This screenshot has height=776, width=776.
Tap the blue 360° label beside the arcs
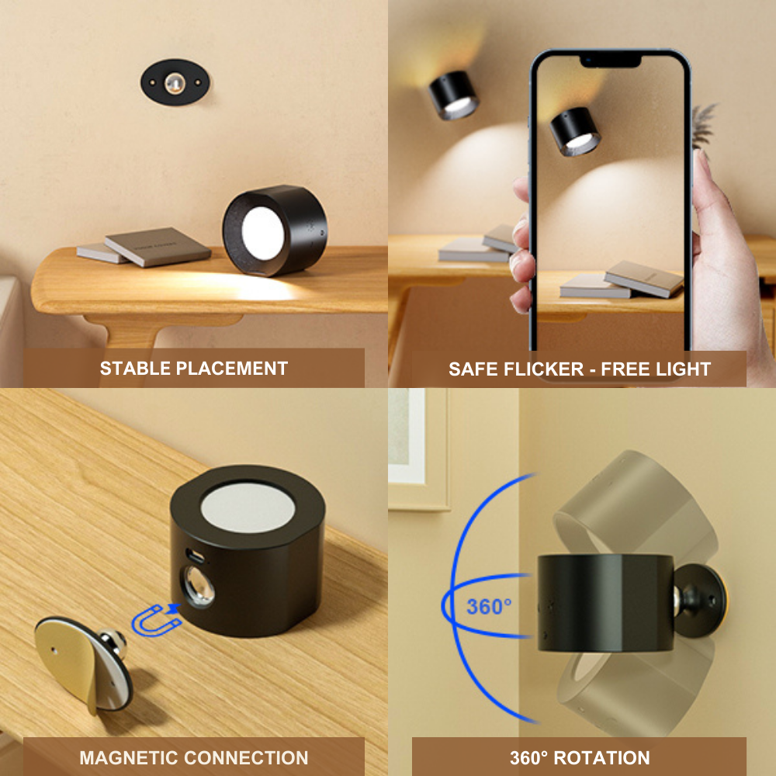489,607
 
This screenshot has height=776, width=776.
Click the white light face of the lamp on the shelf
262,232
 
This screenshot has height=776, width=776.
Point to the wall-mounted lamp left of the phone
453,95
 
